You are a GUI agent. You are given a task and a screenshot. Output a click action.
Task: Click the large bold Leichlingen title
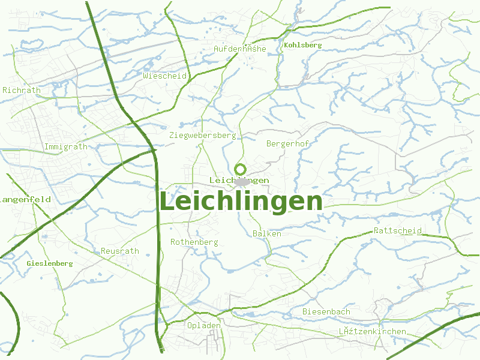coord(241,202)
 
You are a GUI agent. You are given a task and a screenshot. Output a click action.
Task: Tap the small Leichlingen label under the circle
coord(239,181)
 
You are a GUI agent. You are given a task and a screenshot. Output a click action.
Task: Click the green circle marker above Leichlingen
coord(241,169)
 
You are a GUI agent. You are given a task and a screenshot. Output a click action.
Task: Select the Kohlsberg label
coord(303,45)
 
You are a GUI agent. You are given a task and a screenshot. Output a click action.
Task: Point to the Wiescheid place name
coord(165,76)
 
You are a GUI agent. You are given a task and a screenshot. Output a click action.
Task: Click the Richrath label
coord(22,91)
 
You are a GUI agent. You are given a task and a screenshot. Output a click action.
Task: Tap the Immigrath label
coord(66,146)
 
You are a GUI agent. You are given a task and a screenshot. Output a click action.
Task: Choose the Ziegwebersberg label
coord(203,136)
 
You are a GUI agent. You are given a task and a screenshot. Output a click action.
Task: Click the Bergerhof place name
coord(287,143)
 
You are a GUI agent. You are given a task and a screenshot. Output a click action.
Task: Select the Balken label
coord(267,233)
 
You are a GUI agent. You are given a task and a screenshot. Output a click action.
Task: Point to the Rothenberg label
coord(194,242)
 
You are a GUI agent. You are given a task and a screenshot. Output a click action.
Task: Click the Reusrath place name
coord(120,251)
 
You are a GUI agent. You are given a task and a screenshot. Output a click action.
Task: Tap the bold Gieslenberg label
coord(50,263)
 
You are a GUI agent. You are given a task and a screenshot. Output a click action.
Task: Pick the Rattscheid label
coord(397,230)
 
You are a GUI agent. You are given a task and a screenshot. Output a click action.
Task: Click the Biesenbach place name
coord(326,311)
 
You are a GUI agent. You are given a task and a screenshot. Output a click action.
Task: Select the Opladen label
coord(204,325)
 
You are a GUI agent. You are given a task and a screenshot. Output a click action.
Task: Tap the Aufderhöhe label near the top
coord(240,49)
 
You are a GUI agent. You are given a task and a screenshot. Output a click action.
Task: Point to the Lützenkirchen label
coord(372,331)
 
